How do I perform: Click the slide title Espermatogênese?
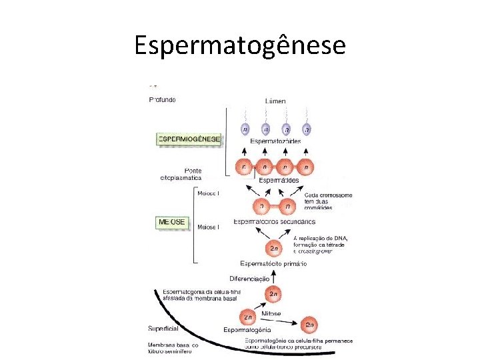tap(240, 45)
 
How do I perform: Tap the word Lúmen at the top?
tap(274, 101)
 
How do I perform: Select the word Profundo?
tap(163, 100)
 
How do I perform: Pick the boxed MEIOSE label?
tap(172, 221)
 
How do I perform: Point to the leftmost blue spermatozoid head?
tap(245, 129)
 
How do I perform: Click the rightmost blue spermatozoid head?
tap(306, 129)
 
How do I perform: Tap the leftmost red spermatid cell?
tap(245, 166)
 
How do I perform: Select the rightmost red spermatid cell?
tap(306, 166)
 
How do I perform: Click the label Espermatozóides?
tap(275, 141)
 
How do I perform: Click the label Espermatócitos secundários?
tap(274, 221)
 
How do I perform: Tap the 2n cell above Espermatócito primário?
tap(273, 249)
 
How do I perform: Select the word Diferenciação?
tap(249, 278)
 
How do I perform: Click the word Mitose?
tap(271, 313)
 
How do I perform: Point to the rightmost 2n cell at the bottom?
tap(310, 325)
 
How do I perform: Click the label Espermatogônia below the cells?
tap(247, 330)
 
